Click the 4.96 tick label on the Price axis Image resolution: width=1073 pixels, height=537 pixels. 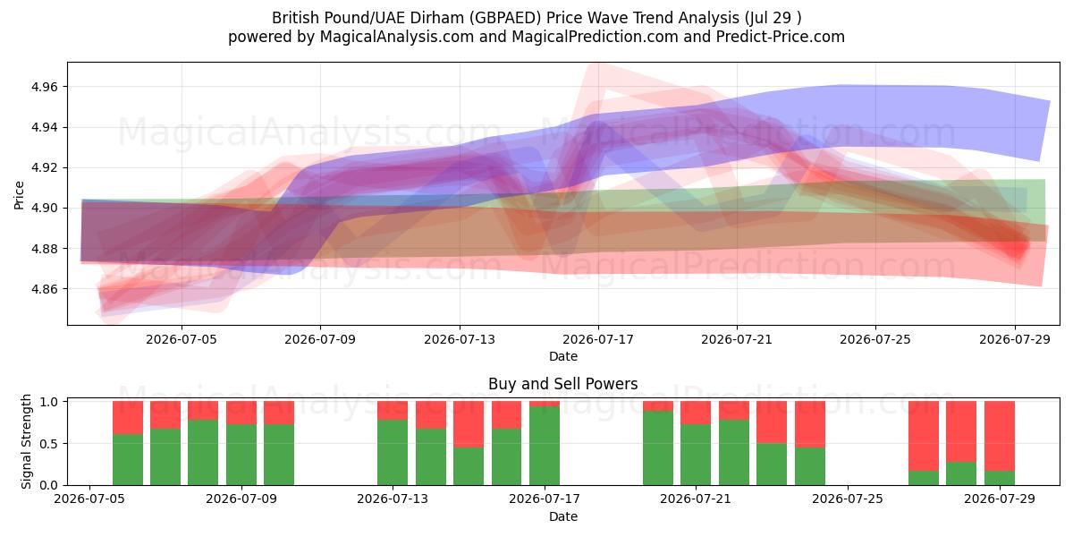click(44, 87)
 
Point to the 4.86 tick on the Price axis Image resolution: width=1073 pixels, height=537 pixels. click(44, 289)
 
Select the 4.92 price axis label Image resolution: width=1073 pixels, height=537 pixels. click(44, 168)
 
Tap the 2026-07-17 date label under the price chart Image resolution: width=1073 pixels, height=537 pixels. click(598, 339)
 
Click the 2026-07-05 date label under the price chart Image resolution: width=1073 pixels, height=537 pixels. click(182, 339)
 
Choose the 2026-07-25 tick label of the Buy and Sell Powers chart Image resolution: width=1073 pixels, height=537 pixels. click(848, 499)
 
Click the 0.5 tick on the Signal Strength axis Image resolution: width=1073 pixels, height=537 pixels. click(50, 444)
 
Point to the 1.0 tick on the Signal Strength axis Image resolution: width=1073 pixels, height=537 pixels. click(50, 402)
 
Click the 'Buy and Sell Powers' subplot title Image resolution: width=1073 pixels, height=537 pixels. click(562, 384)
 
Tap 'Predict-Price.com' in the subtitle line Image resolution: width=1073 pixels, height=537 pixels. click(781, 37)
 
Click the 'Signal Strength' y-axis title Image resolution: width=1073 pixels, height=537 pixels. click(26, 441)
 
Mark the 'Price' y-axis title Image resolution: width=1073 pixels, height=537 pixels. click(19, 195)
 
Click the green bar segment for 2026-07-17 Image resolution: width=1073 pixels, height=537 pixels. click(545, 446)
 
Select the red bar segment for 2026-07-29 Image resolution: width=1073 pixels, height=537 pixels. click(1000, 436)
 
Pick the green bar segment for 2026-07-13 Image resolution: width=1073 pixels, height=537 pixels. click(393, 453)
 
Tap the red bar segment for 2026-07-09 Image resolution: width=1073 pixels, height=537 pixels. click(241, 413)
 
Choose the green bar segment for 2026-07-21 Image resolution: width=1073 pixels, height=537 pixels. click(696, 455)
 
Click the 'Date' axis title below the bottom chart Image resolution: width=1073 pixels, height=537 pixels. click(562, 517)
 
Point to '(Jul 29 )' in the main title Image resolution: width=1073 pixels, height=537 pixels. click(773, 18)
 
